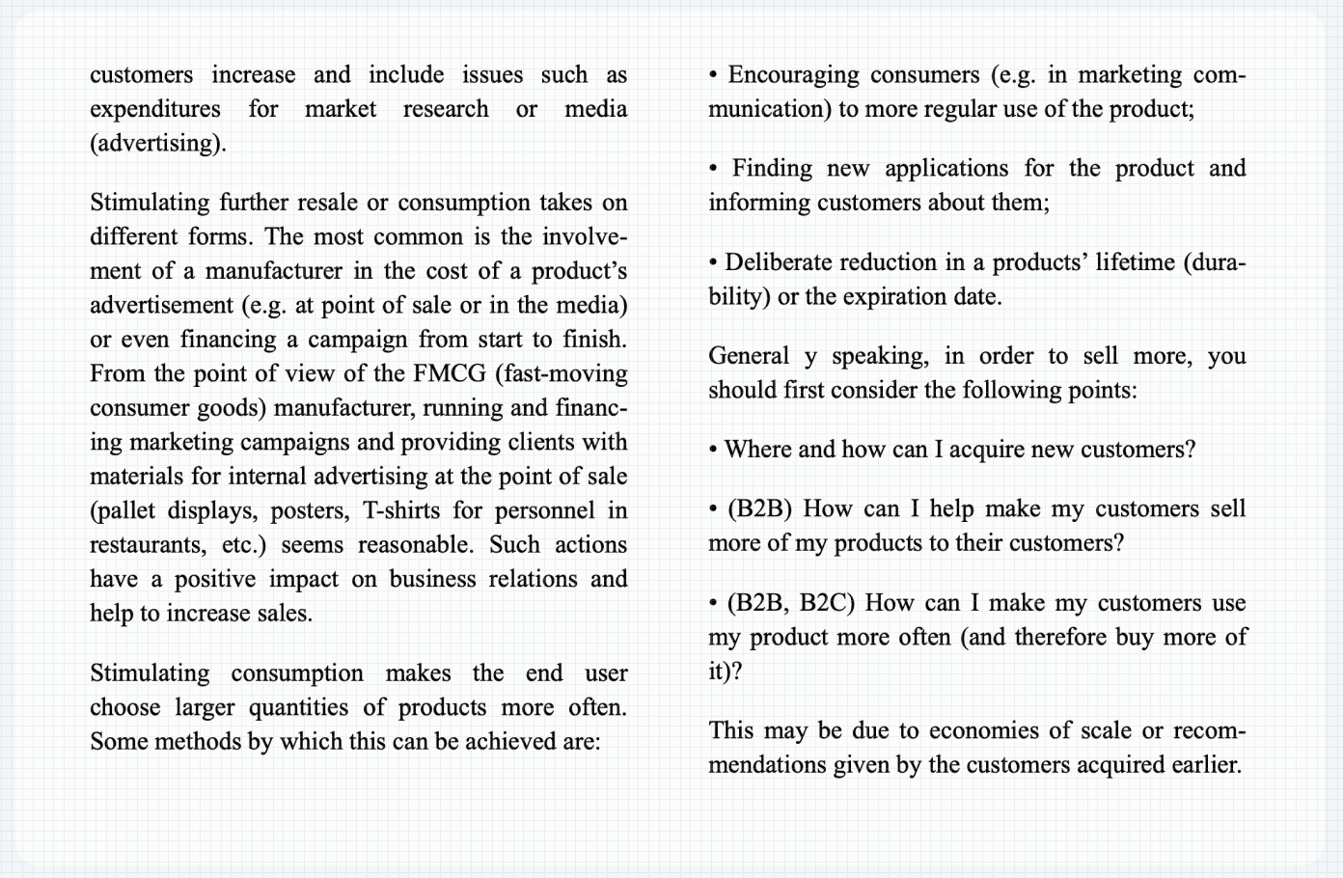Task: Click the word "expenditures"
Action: (154, 109)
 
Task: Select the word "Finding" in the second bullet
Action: (772, 169)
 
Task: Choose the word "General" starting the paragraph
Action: (749, 356)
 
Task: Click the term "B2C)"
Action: (828, 603)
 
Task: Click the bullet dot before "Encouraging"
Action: (713, 75)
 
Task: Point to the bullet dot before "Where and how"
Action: (713, 450)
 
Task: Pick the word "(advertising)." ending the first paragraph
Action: (158, 144)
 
